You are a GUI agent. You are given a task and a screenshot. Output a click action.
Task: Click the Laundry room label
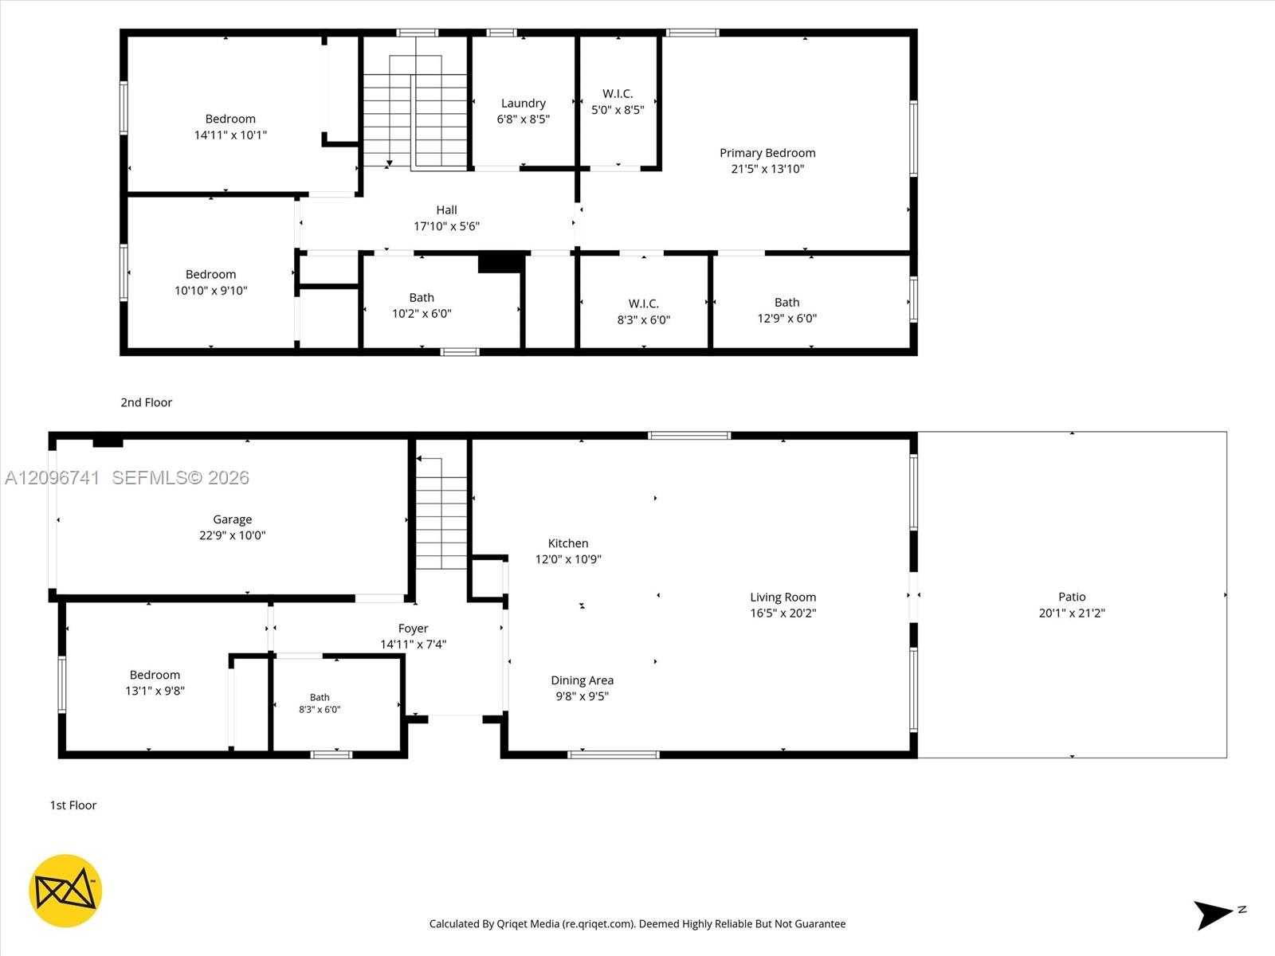(523, 104)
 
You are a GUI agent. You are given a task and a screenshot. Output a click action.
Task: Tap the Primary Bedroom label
(767, 153)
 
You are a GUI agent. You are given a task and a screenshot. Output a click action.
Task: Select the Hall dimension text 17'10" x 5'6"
(446, 225)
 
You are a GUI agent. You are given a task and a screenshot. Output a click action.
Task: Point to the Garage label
(233, 519)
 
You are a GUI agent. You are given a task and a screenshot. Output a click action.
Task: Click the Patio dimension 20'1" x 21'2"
(1072, 613)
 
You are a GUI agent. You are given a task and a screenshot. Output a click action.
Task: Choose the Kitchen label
(568, 543)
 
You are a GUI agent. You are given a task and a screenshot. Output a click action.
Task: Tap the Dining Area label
(582, 680)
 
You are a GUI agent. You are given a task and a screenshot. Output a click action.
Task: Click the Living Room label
(783, 597)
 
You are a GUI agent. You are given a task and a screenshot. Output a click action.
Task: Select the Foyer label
(413, 629)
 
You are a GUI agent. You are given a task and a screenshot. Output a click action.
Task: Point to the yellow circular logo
(65, 891)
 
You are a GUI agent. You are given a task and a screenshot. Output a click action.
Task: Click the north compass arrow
(1212, 915)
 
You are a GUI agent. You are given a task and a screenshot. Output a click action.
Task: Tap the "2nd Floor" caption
(147, 402)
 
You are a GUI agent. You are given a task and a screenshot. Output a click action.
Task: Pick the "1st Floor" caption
(73, 805)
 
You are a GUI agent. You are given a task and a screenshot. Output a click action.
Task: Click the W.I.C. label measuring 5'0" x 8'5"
(618, 93)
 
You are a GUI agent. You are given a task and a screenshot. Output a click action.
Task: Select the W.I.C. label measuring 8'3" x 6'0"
(644, 304)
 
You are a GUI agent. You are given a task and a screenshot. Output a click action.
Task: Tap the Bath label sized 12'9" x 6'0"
(787, 303)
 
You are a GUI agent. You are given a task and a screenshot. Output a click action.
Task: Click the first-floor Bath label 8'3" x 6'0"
(320, 697)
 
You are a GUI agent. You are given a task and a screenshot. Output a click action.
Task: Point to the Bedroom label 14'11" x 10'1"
(230, 119)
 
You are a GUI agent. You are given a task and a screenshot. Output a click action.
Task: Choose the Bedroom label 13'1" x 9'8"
(155, 675)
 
